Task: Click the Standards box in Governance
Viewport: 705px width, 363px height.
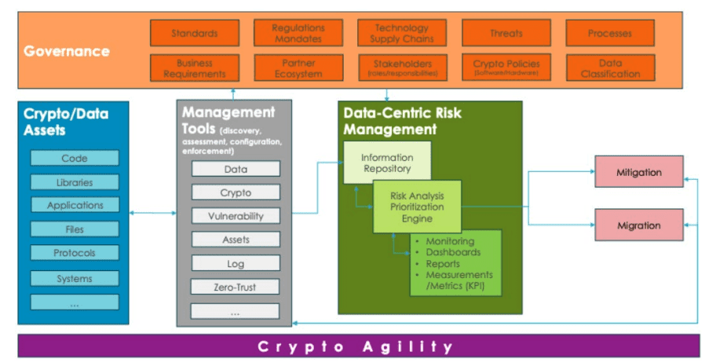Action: [194, 34]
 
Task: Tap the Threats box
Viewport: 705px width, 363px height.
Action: [506, 34]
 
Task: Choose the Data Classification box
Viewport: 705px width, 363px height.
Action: [610, 68]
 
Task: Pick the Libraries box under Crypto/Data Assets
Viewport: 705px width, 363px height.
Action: [75, 182]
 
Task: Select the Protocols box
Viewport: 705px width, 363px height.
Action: [75, 253]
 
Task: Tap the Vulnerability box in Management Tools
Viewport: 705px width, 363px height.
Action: [236, 216]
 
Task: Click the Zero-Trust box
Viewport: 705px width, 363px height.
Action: [236, 288]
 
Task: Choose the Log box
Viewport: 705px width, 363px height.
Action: [236, 264]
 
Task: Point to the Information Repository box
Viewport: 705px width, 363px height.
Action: [386, 162]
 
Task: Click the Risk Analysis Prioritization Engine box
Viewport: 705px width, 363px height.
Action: [417, 207]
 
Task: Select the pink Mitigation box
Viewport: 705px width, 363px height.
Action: [638, 172]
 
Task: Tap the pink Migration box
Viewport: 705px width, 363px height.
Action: [638, 225]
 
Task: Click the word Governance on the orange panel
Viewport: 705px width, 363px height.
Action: [67, 52]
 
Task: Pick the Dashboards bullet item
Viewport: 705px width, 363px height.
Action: [453, 252]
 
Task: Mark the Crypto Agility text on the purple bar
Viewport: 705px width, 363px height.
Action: [355, 346]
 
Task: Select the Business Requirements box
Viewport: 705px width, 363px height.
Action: [194, 68]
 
